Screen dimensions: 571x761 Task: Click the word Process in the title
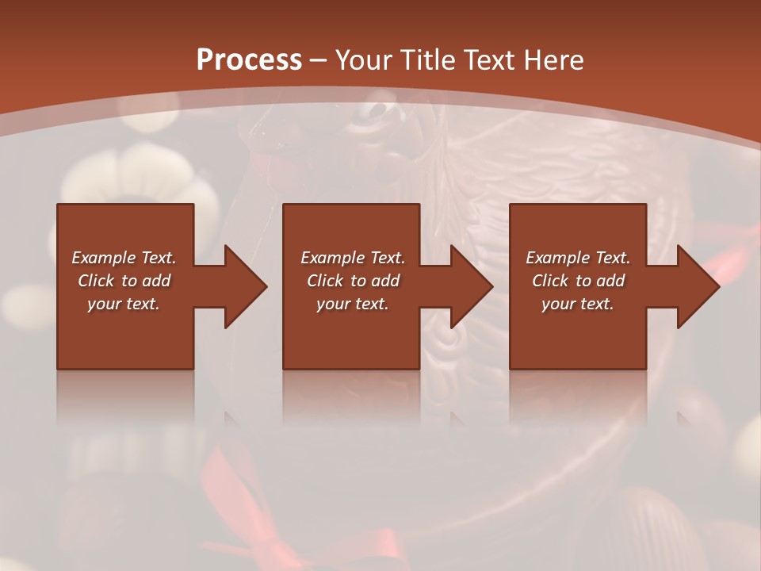(249, 60)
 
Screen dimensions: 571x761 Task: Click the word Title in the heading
(428, 60)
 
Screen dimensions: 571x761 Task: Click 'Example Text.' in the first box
(124, 258)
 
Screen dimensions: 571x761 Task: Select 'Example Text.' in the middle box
(353, 258)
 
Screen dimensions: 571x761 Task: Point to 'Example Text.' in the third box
(578, 258)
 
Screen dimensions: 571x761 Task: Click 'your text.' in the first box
(123, 304)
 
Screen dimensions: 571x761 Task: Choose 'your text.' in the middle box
(352, 304)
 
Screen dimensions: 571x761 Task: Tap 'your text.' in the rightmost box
(577, 304)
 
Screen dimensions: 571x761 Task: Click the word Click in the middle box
(325, 281)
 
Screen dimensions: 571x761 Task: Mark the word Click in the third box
(550, 281)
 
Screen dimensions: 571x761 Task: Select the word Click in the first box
(96, 281)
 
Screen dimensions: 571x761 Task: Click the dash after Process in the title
(319, 60)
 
